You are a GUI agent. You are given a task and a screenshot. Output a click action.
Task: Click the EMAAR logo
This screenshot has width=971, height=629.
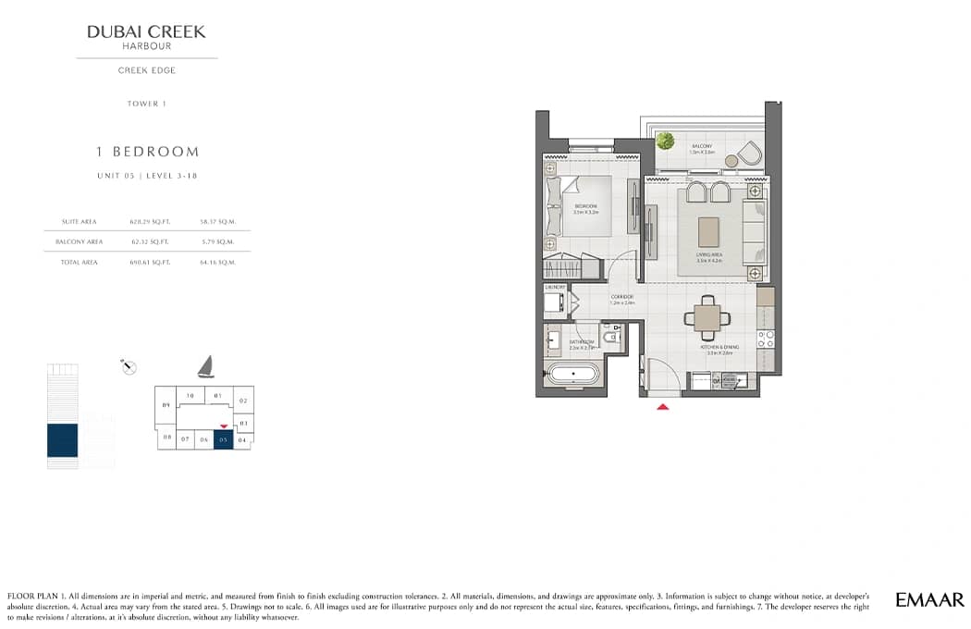pos(929,600)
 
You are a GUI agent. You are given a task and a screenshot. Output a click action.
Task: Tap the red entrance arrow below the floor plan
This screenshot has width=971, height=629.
pos(662,406)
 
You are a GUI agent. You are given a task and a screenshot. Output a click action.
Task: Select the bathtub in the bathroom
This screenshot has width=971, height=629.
pos(572,376)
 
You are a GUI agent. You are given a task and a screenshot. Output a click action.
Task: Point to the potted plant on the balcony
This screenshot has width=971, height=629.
pos(664,141)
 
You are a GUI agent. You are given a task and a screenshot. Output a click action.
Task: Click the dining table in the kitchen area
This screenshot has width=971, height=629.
pos(707,318)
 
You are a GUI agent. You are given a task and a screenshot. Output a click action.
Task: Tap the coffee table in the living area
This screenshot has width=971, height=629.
pos(709,231)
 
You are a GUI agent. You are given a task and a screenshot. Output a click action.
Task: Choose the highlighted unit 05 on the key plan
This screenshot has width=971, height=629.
pos(223,440)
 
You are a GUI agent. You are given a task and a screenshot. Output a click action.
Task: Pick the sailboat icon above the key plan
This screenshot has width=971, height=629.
pos(205,367)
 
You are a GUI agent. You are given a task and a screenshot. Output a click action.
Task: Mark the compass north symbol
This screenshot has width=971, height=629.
pos(129,367)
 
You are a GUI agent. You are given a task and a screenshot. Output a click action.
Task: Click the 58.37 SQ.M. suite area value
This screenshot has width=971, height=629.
pos(217,222)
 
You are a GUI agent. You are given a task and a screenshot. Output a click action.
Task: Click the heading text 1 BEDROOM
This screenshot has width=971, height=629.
pos(148,152)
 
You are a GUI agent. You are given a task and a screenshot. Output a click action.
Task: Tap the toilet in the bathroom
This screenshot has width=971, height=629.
pos(612,339)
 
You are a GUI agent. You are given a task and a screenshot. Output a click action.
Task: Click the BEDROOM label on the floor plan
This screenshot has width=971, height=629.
pos(586,206)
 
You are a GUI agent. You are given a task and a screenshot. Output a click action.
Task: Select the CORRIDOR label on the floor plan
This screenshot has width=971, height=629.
pos(621,297)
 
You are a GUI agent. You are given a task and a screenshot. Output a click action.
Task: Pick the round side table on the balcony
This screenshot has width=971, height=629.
pos(731,161)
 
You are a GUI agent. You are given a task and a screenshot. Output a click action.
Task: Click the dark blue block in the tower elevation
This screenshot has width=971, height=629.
pos(63,440)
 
